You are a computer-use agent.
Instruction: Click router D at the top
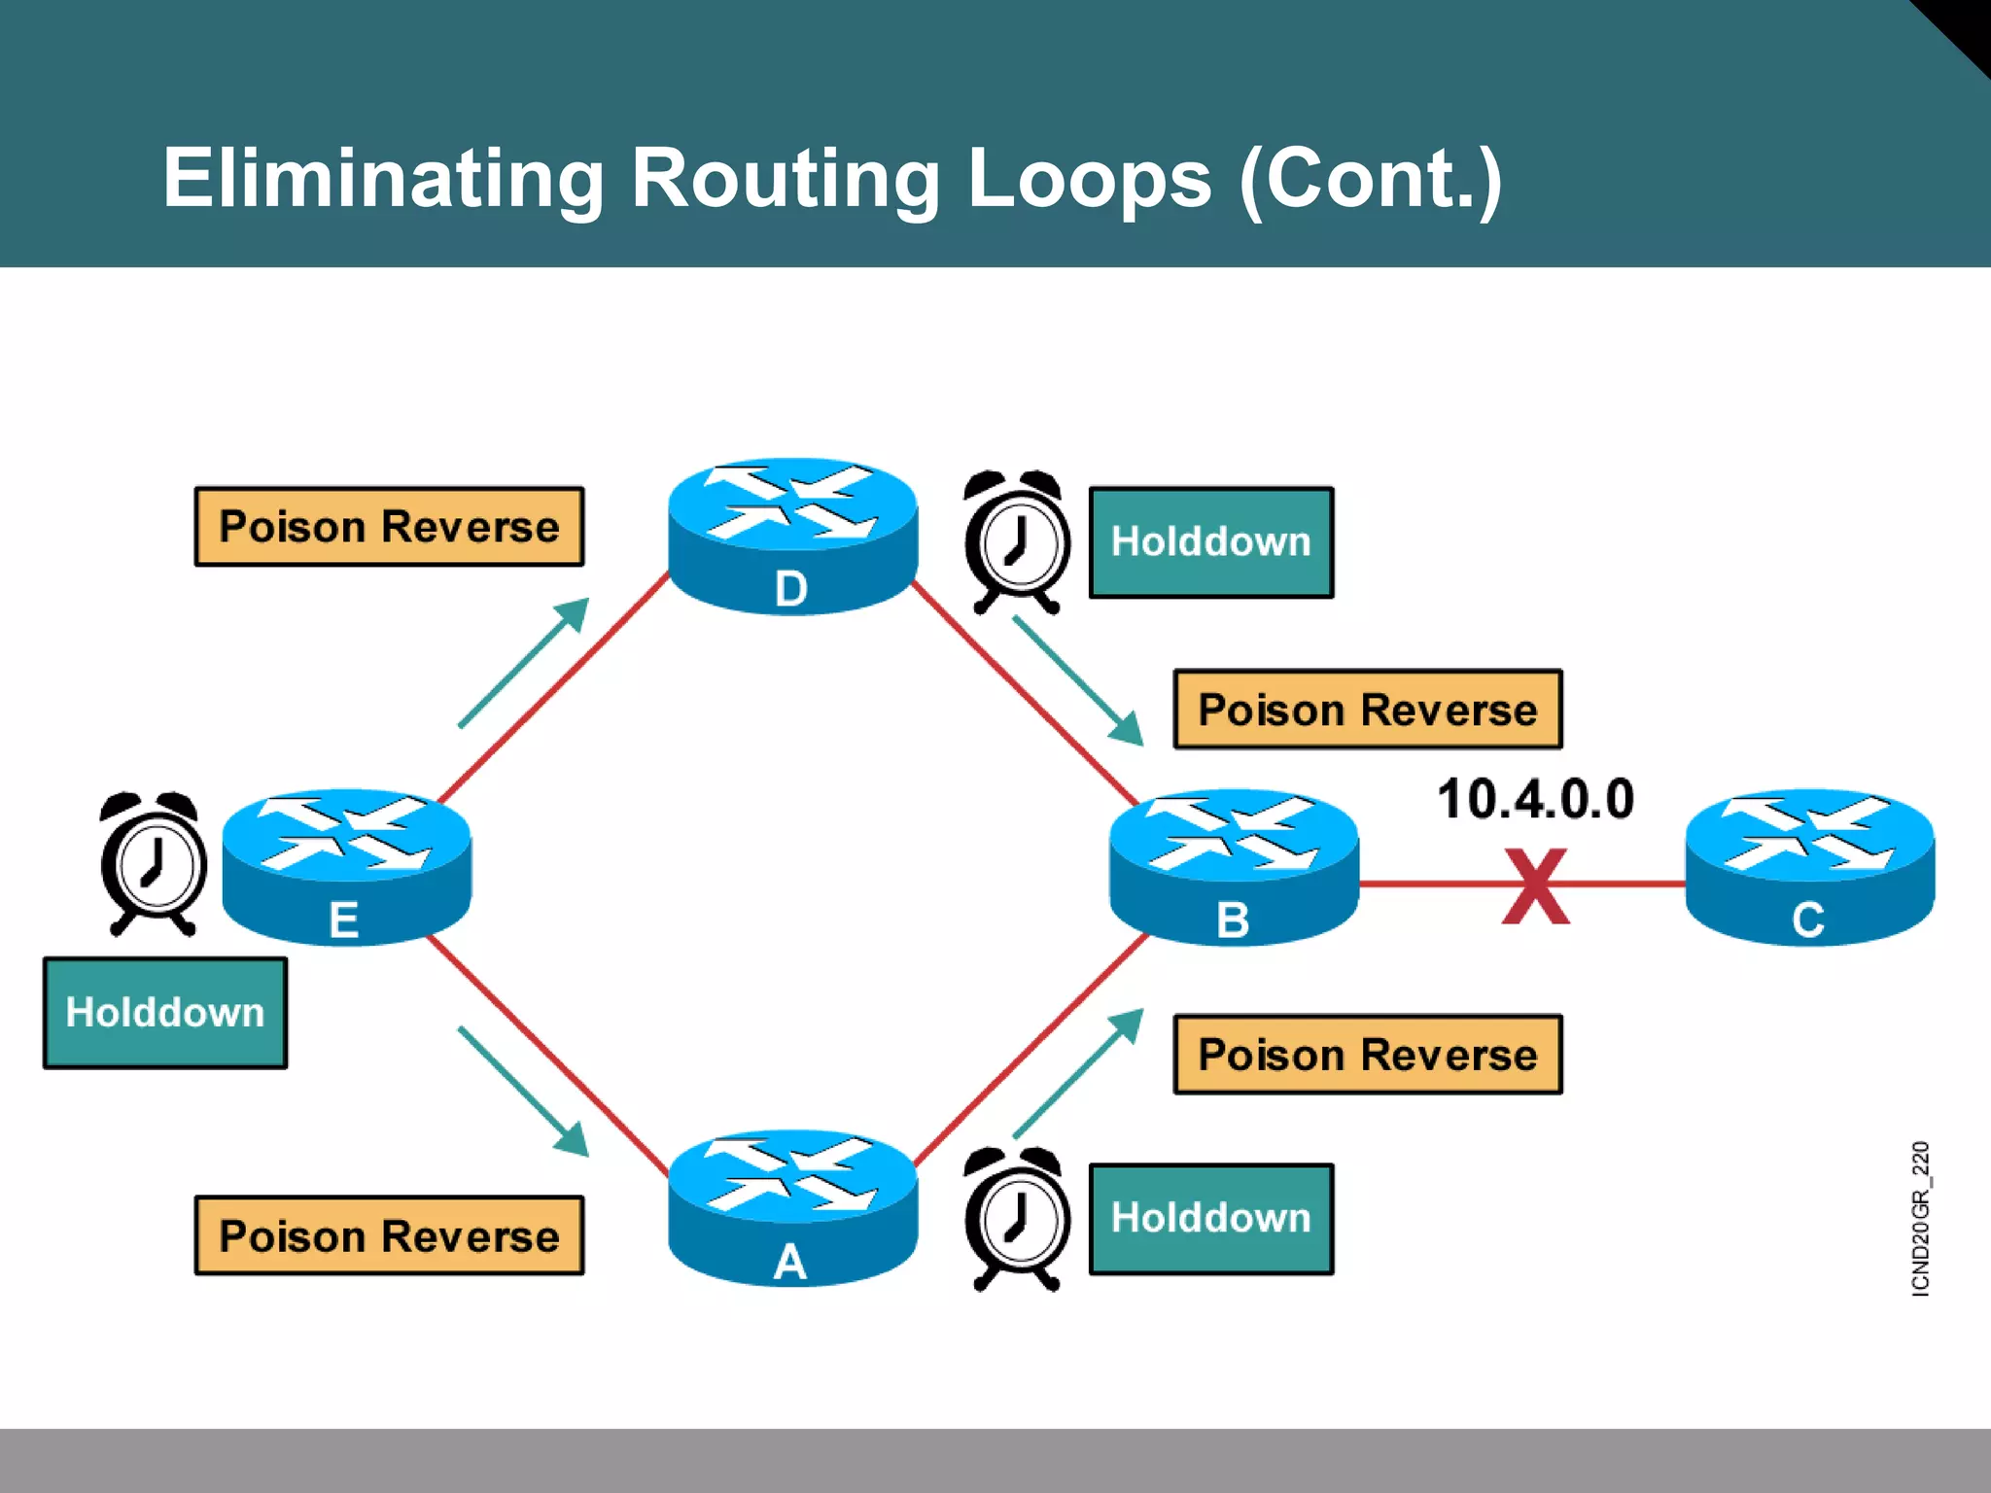(x=792, y=536)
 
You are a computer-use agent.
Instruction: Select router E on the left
(x=346, y=866)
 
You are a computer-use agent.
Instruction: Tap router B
(x=1234, y=866)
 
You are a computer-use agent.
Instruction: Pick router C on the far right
(x=1808, y=866)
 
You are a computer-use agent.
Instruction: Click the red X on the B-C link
(x=1535, y=885)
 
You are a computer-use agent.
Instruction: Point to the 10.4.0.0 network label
(x=1535, y=799)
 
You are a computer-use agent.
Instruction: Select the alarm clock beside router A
(x=1017, y=1219)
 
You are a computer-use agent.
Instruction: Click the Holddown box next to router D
(x=1210, y=542)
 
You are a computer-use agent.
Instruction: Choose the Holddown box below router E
(x=164, y=1013)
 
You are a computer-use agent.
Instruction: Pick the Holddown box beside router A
(x=1210, y=1219)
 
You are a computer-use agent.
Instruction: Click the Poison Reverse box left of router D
(x=389, y=527)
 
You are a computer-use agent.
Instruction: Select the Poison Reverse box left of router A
(x=389, y=1235)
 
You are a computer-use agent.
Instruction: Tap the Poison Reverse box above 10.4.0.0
(x=1367, y=710)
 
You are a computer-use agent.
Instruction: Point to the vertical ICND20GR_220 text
(x=1920, y=1219)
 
